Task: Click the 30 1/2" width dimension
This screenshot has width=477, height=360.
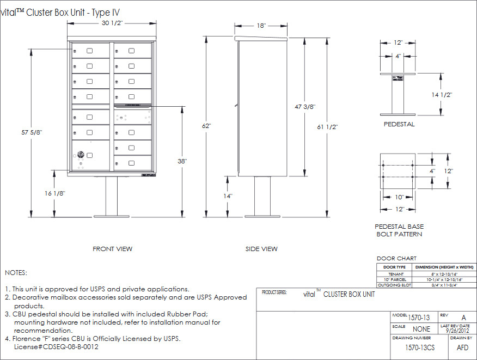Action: (x=111, y=24)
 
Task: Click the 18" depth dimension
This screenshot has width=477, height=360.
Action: (x=261, y=26)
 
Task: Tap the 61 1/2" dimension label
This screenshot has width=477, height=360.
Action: (x=327, y=127)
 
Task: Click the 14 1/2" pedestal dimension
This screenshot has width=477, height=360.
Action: (x=442, y=94)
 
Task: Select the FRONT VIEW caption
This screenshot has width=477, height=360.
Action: (x=112, y=249)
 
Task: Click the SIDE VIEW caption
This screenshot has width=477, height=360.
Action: (x=261, y=249)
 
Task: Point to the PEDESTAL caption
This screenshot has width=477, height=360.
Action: (x=399, y=124)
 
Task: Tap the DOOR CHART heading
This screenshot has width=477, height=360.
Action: (x=396, y=258)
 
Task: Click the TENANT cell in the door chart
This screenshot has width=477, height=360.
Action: (x=396, y=274)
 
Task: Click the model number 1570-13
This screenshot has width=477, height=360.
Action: (x=419, y=318)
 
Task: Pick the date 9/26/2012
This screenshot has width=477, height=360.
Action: (x=457, y=330)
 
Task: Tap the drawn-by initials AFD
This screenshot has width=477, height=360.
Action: (x=462, y=347)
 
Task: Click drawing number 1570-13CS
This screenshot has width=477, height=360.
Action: (x=419, y=347)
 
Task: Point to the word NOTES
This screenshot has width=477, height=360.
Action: (x=16, y=272)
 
